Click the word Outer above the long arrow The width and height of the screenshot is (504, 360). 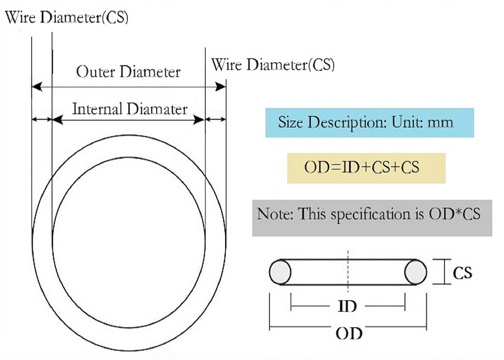(95, 72)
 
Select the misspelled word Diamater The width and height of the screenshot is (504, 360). (157, 109)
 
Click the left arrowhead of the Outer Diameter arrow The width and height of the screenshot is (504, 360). (37, 87)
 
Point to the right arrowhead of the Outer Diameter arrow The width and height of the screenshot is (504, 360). (220, 87)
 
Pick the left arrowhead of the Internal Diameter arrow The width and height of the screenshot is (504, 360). (58, 120)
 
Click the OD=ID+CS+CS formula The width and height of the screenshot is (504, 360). (362, 167)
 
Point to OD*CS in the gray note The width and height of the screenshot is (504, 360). (454, 214)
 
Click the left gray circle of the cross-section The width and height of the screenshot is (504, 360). (280, 272)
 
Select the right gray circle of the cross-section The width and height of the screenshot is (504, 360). (415, 272)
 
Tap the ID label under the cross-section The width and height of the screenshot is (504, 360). (347, 306)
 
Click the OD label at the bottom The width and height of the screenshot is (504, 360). (349, 333)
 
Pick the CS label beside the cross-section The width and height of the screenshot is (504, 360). (462, 273)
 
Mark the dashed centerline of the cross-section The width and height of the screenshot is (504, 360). (348, 271)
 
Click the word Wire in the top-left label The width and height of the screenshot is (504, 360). (20, 17)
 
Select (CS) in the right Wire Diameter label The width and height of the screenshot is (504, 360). (321, 65)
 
